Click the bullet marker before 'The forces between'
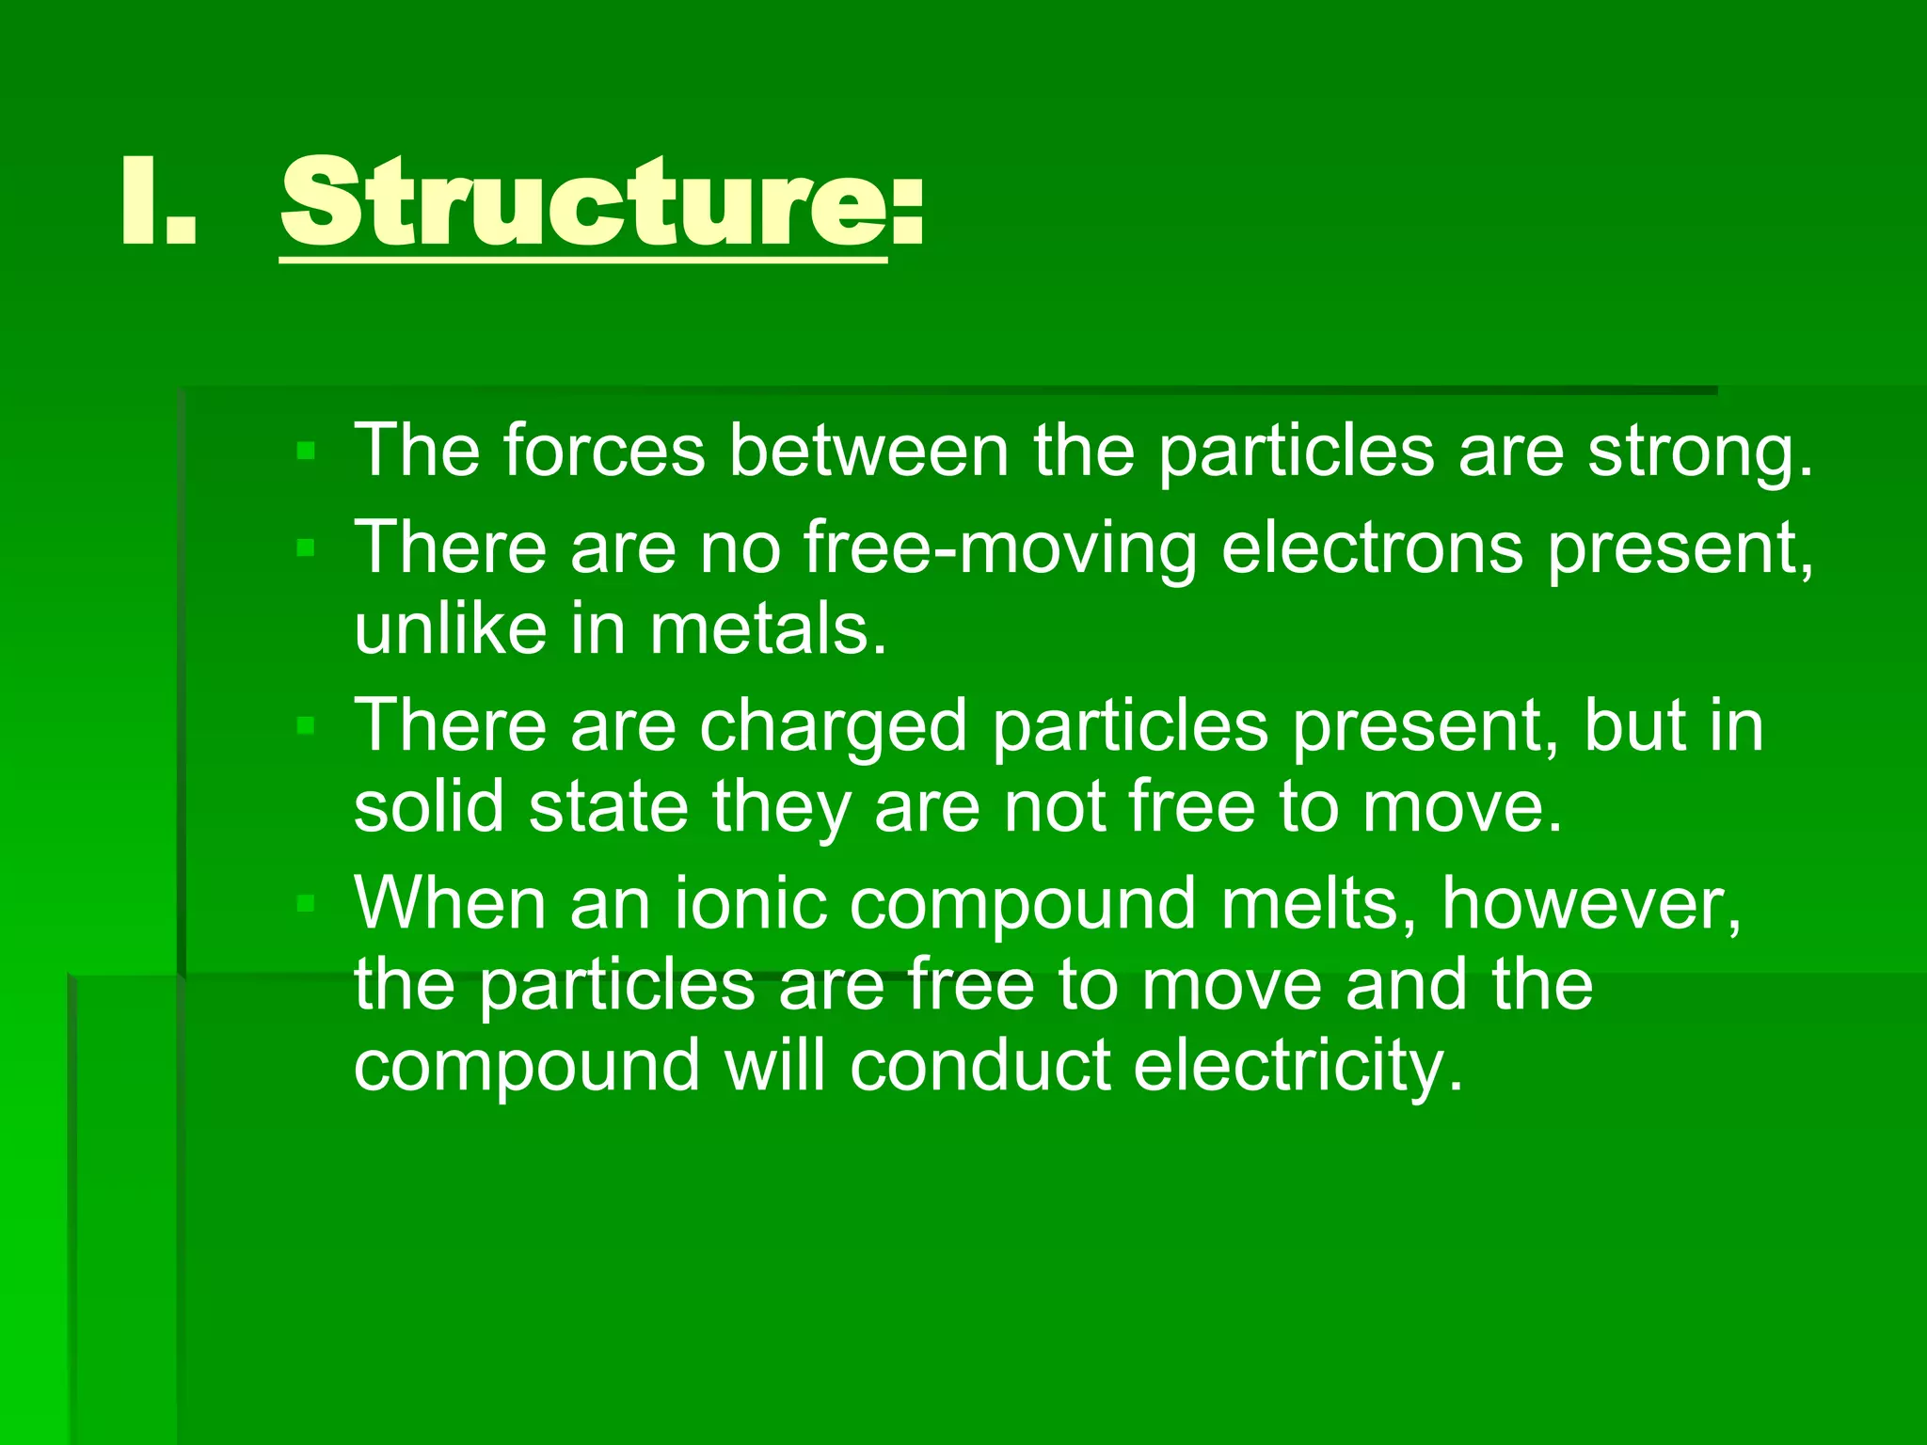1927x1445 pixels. [x=305, y=452]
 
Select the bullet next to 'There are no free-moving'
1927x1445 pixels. [x=305, y=548]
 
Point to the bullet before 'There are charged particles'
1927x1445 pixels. [x=305, y=725]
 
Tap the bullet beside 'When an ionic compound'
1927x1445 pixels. [x=305, y=904]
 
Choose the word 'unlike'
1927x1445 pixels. [x=450, y=628]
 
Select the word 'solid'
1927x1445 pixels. [x=429, y=807]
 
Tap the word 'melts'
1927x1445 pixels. [x=1318, y=904]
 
